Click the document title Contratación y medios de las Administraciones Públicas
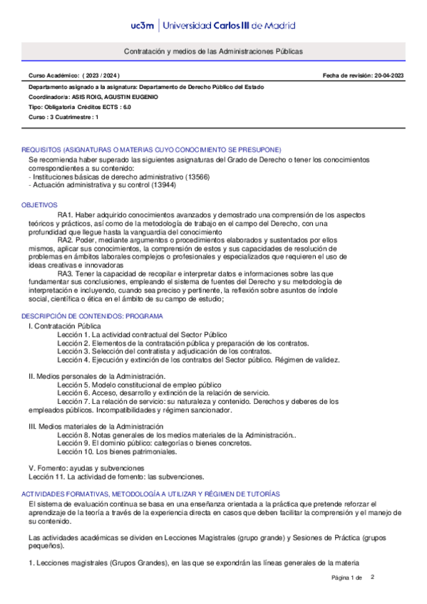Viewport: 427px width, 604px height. [x=213, y=52]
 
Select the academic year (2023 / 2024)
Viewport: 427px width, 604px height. [x=102, y=75]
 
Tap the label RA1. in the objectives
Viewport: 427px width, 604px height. [x=66, y=214]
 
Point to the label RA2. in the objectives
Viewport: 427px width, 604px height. [x=66, y=240]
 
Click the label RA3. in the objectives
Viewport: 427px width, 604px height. [x=66, y=274]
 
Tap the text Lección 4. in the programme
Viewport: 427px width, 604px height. [x=73, y=360]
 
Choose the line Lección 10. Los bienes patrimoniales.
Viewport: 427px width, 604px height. [x=116, y=452]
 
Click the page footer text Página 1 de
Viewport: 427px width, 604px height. [x=347, y=578]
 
